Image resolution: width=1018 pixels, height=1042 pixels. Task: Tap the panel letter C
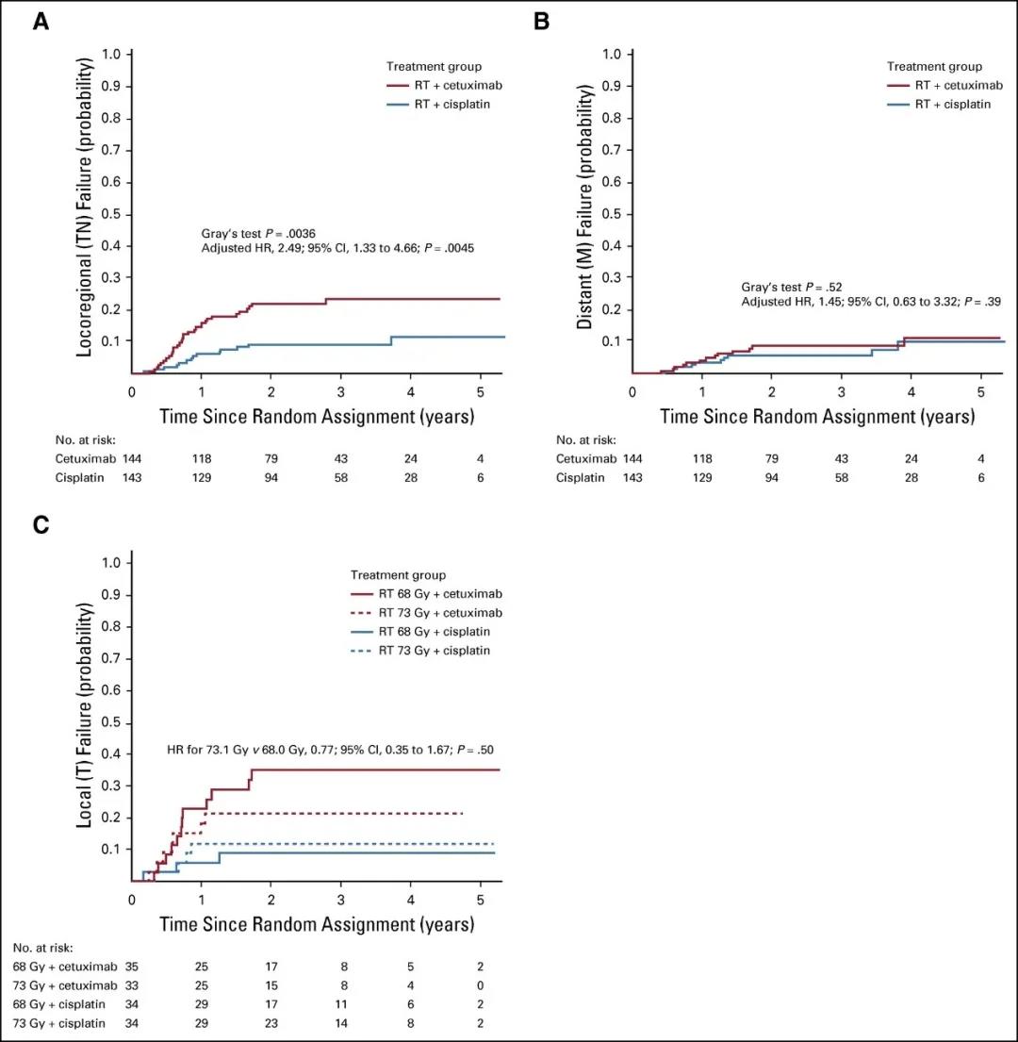click(41, 526)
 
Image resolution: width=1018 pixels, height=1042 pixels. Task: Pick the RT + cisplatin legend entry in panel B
click(953, 104)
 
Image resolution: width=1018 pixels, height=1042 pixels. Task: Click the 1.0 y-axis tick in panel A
click(111, 55)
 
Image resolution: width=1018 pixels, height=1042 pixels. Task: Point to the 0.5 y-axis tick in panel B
click(611, 213)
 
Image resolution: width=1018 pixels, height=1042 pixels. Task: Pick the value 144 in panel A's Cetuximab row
click(131, 458)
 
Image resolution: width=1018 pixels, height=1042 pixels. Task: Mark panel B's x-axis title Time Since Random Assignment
click(816, 416)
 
